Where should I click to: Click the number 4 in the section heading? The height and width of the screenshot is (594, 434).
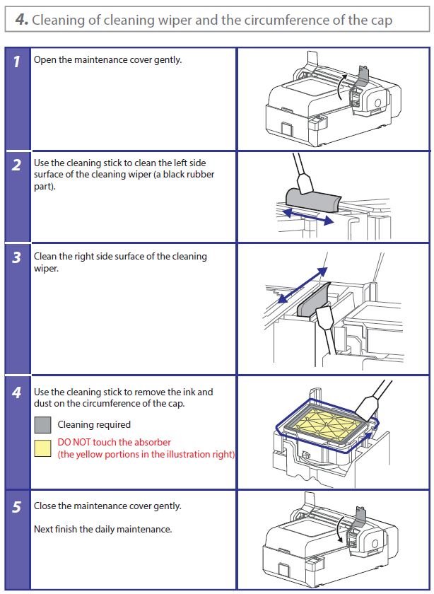coord(21,20)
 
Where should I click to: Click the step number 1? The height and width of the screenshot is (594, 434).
coord(17,61)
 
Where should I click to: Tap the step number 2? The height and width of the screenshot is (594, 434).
coord(17,166)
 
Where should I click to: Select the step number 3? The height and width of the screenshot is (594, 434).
coord(17,258)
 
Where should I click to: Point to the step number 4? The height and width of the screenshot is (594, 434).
coord(17,392)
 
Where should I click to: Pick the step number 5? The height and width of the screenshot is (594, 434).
coord(17,507)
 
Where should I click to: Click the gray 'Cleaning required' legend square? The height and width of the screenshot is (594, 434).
coord(42,425)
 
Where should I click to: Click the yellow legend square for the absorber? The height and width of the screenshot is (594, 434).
coord(42,448)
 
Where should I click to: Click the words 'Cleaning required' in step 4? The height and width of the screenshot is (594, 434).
coord(94,425)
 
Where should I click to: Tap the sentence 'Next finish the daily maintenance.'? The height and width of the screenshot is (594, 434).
coord(102,529)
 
